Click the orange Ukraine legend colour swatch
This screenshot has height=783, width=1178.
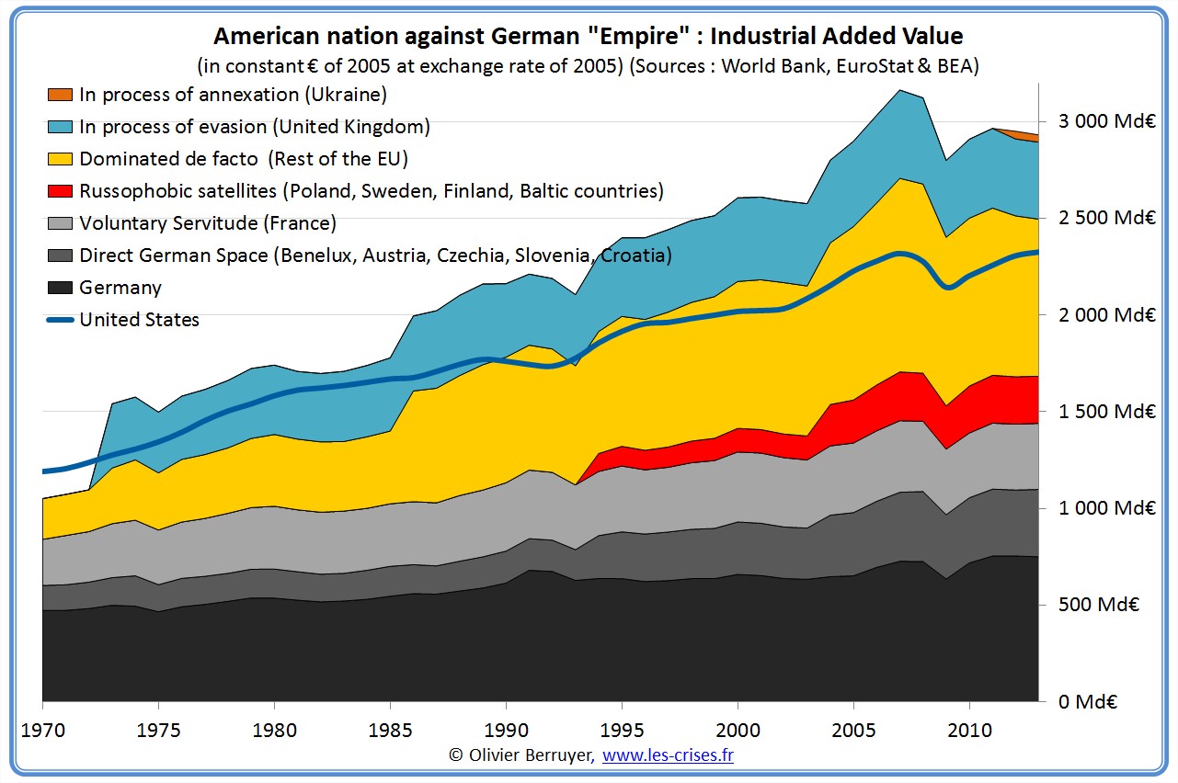coord(61,95)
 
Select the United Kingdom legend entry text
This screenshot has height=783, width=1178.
coord(255,127)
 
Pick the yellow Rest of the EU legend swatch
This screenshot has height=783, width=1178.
coord(61,159)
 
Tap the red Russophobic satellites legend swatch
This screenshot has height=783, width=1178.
coord(61,191)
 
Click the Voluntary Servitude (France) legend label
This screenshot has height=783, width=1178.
coord(208,223)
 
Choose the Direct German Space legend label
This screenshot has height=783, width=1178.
coord(375,255)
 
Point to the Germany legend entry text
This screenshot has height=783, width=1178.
coord(120,288)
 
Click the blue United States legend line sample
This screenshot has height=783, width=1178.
coord(61,320)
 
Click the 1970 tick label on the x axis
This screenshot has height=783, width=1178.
coord(43,730)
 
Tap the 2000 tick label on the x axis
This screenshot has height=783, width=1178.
coord(738,730)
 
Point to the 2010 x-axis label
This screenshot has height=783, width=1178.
coord(969,730)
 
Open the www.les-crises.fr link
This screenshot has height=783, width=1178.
coord(668,755)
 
